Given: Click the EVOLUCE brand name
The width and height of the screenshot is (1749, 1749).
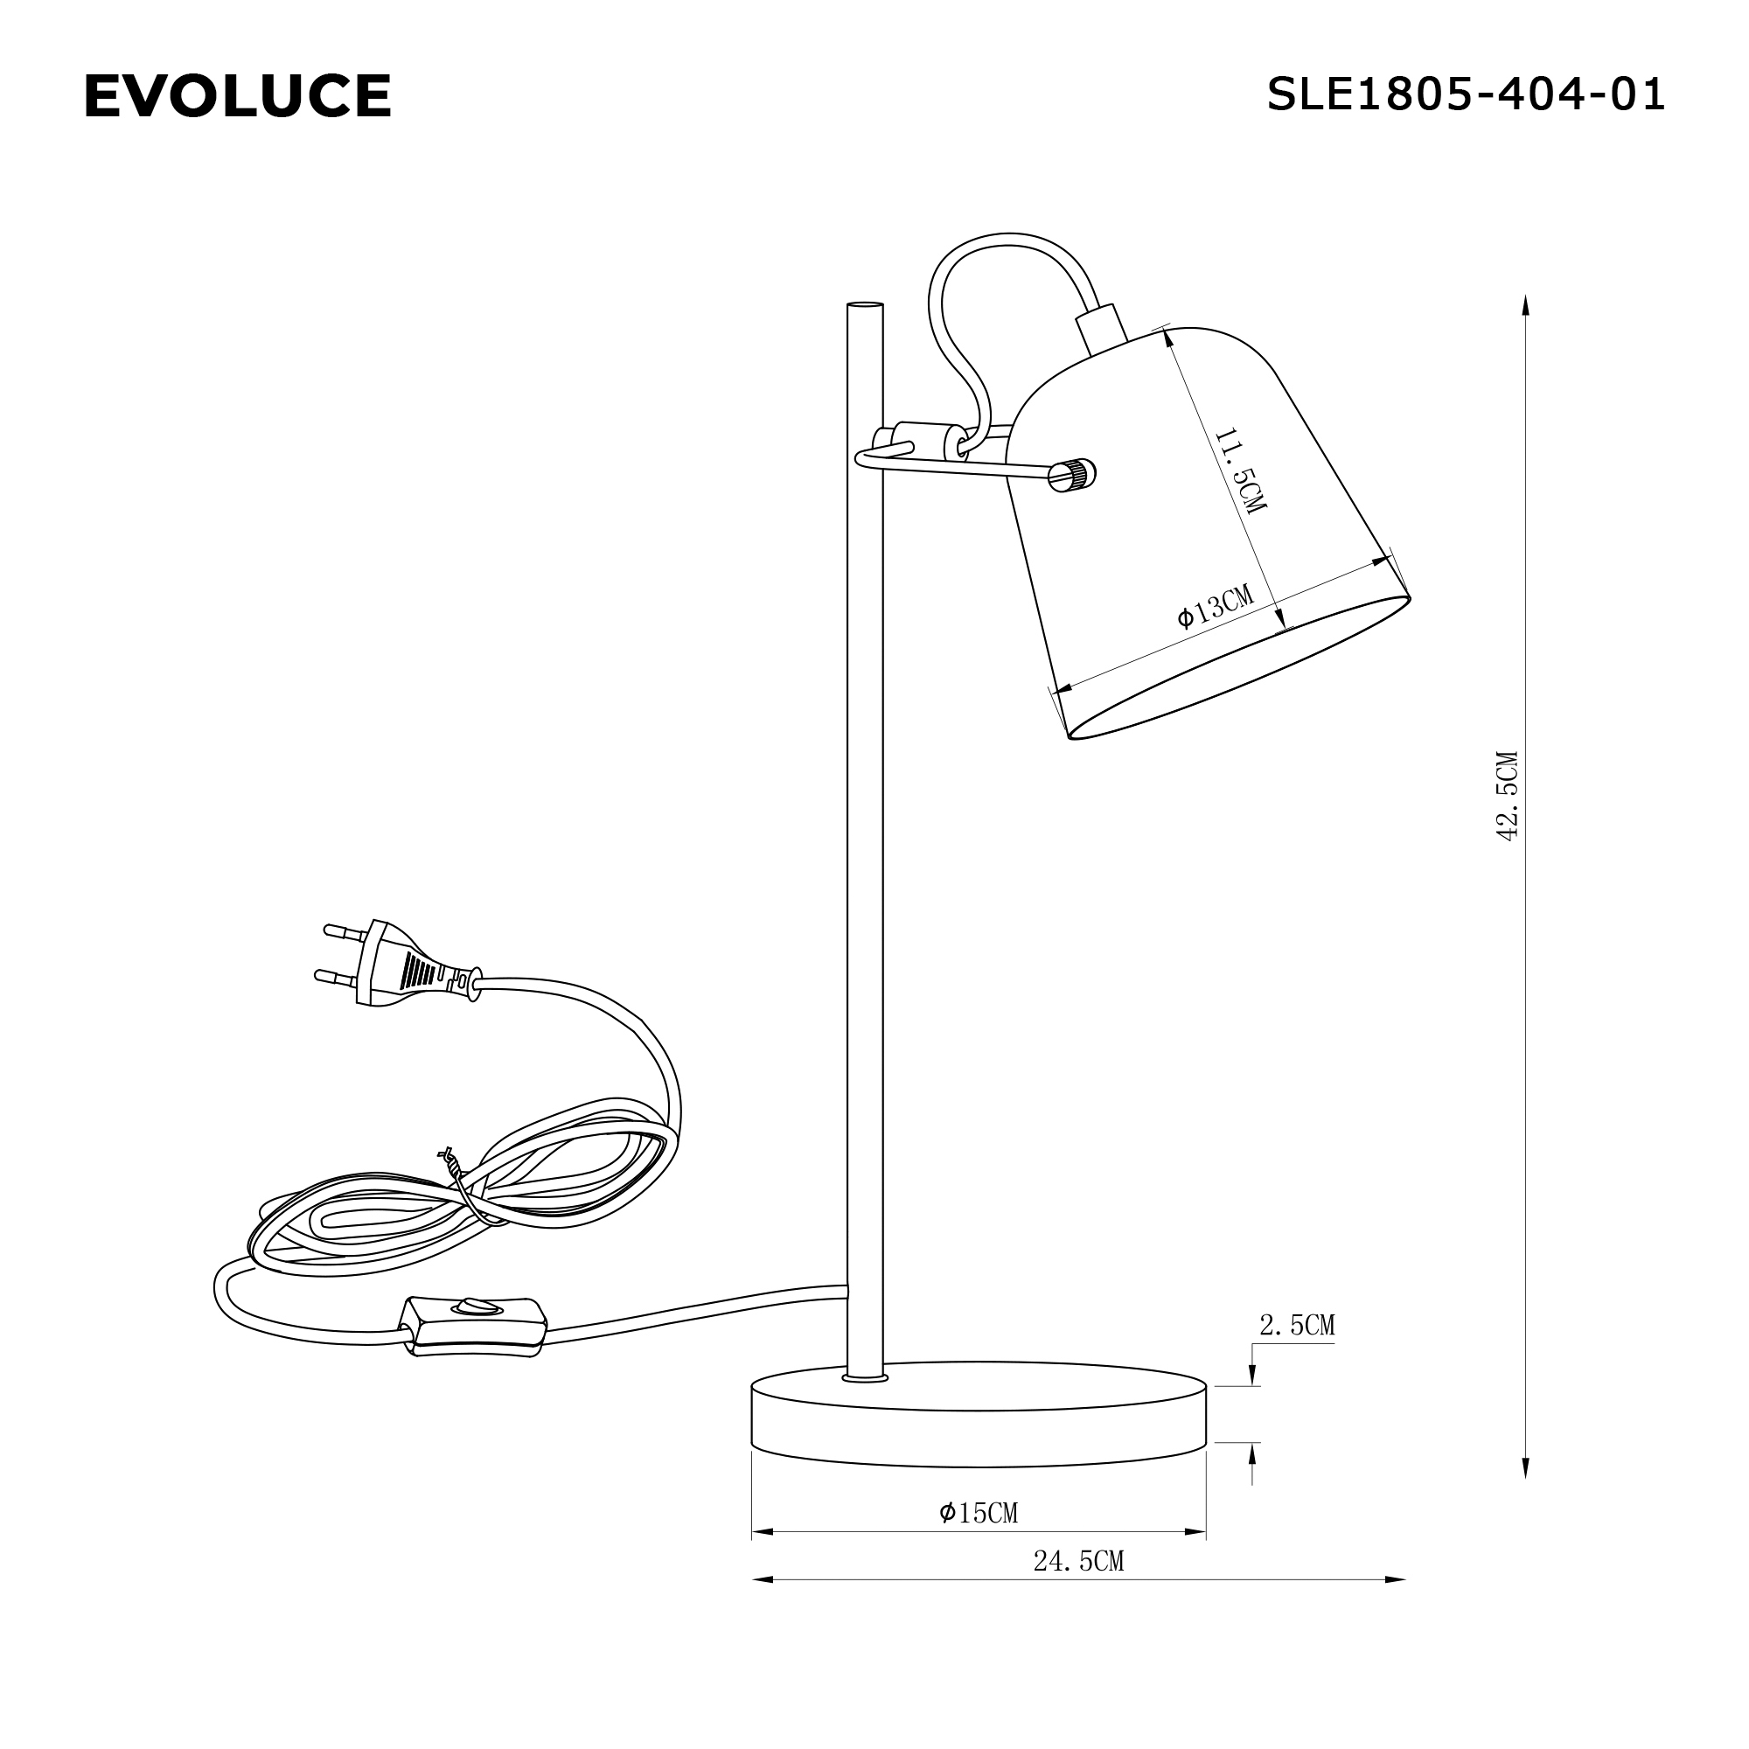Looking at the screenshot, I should click(237, 96).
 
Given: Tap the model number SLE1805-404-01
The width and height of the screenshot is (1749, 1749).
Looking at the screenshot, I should click(1465, 94).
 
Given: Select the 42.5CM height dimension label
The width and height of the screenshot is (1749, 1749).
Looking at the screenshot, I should click(1507, 796).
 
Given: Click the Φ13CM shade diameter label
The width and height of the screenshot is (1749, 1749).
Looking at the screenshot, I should click(1216, 606).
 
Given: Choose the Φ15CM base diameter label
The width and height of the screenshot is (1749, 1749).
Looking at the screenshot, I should click(979, 1512).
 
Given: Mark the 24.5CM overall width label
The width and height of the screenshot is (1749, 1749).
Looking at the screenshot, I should click(1078, 1561).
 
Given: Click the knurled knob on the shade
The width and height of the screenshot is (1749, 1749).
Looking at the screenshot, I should click(1075, 475).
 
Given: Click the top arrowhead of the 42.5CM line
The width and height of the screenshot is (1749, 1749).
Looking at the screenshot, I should click(1525, 303).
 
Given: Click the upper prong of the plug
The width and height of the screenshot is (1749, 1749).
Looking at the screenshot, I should click(344, 930).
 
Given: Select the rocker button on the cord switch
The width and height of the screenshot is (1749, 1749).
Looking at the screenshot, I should click(477, 1307).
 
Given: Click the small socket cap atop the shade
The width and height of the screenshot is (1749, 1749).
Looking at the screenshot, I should click(1102, 329).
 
